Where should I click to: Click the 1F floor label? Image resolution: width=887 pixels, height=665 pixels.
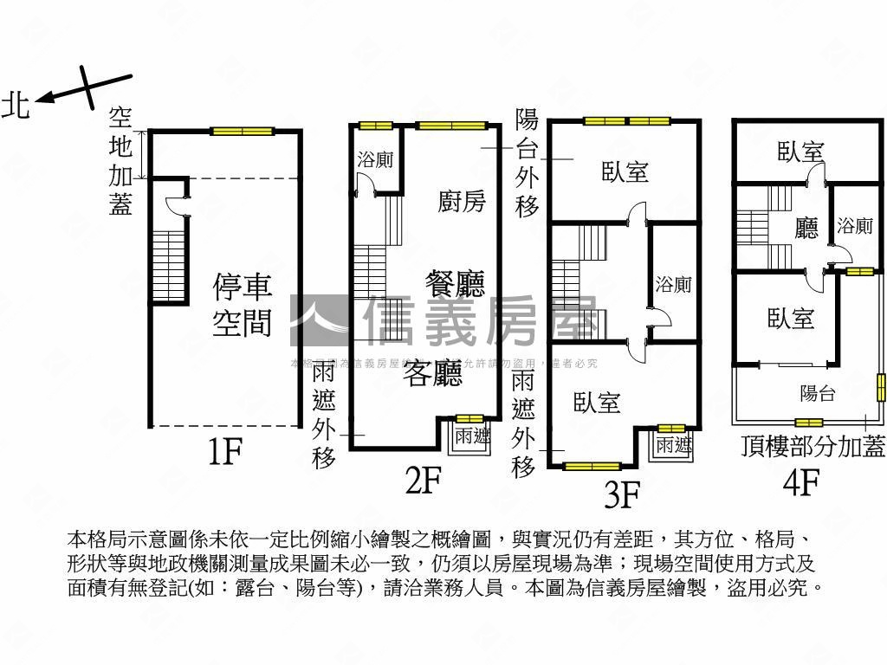(223, 451)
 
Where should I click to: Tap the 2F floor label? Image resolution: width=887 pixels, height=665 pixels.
(424, 481)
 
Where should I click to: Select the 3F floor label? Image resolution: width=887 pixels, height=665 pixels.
(621, 496)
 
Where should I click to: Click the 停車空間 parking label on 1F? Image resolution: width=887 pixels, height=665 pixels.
(243, 304)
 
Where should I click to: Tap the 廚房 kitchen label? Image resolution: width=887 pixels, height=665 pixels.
(462, 202)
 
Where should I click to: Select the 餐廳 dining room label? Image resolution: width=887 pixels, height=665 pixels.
(455, 283)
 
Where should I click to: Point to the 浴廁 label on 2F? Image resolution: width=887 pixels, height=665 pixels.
(376, 160)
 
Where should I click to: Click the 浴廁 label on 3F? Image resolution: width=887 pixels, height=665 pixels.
(673, 284)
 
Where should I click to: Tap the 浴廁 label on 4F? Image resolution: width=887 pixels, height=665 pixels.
(855, 227)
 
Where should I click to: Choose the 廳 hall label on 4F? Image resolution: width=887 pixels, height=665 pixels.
(806, 229)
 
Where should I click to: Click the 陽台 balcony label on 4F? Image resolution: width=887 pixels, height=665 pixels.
(817, 394)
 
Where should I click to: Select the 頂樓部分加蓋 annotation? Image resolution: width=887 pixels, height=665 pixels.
(813, 447)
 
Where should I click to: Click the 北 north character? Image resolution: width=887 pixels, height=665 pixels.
(16, 106)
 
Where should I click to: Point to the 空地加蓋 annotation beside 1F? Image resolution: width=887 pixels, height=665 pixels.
(120, 161)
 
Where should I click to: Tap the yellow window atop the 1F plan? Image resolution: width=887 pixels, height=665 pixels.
(242, 132)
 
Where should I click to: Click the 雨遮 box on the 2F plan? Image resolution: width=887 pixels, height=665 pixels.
(472, 437)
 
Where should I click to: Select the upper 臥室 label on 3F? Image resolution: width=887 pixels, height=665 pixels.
(625, 171)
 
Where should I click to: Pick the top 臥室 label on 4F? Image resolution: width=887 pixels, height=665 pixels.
(800, 152)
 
